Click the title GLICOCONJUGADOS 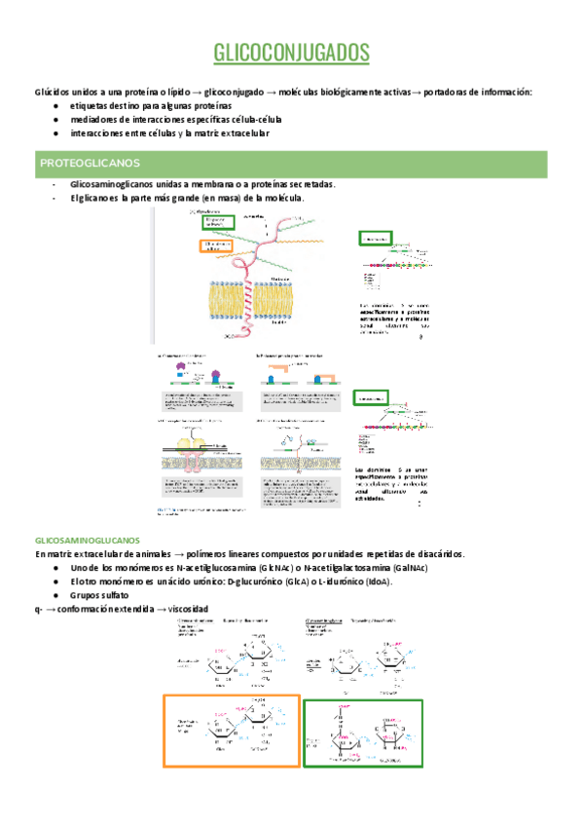(x=291, y=52)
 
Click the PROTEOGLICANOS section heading (x=90, y=162)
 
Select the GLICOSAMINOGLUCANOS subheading (x=88, y=540)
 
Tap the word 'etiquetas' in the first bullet (x=91, y=105)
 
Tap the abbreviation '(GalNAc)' (x=407, y=568)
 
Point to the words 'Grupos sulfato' (x=99, y=595)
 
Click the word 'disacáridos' (x=438, y=553)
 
